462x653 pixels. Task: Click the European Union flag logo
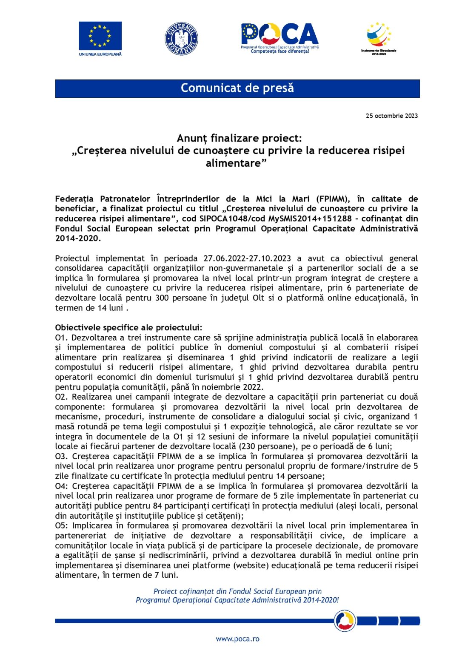(x=100, y=36)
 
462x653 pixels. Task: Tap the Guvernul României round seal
(x=181, y=39)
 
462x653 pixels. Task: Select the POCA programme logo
(x=279, y=37)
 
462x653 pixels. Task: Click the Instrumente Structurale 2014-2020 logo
(x=379, y=37)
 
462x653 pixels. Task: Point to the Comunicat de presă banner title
(x=237, y=88)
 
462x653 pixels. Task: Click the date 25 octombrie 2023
(x=391, y=116)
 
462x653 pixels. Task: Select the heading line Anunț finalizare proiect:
(x=239, y=138)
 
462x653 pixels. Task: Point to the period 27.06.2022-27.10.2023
(x=247, y=258)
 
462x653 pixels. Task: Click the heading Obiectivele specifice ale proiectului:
(x=128, y=327)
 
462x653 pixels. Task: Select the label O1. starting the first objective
(x=62, y=338)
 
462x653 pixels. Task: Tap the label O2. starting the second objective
(x=62, y=397)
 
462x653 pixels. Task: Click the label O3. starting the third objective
(x=62, y=456)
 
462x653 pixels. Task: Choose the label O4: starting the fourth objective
(x=62, y=486)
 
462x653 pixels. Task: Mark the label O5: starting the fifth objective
(x=62, y=525)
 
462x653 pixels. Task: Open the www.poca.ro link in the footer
(x=237, y=639)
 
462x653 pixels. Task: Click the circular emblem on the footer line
(x=345, y=621)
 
